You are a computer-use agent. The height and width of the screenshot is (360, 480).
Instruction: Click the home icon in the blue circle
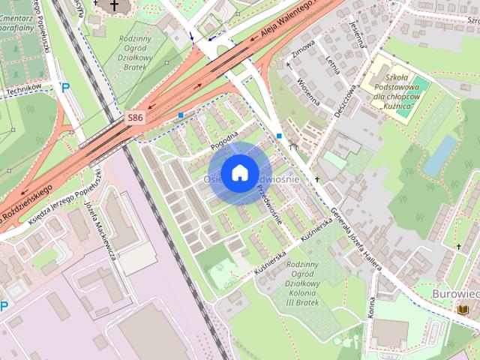[x=239, y=172]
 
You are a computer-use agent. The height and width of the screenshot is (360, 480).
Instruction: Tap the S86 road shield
[x=135, y=118]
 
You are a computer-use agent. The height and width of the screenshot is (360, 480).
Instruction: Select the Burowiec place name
[x=454, y=293]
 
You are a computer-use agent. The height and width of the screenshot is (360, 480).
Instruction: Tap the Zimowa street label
[x=304, y=49]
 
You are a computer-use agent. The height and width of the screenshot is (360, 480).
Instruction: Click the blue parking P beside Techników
[x=65, y=88]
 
